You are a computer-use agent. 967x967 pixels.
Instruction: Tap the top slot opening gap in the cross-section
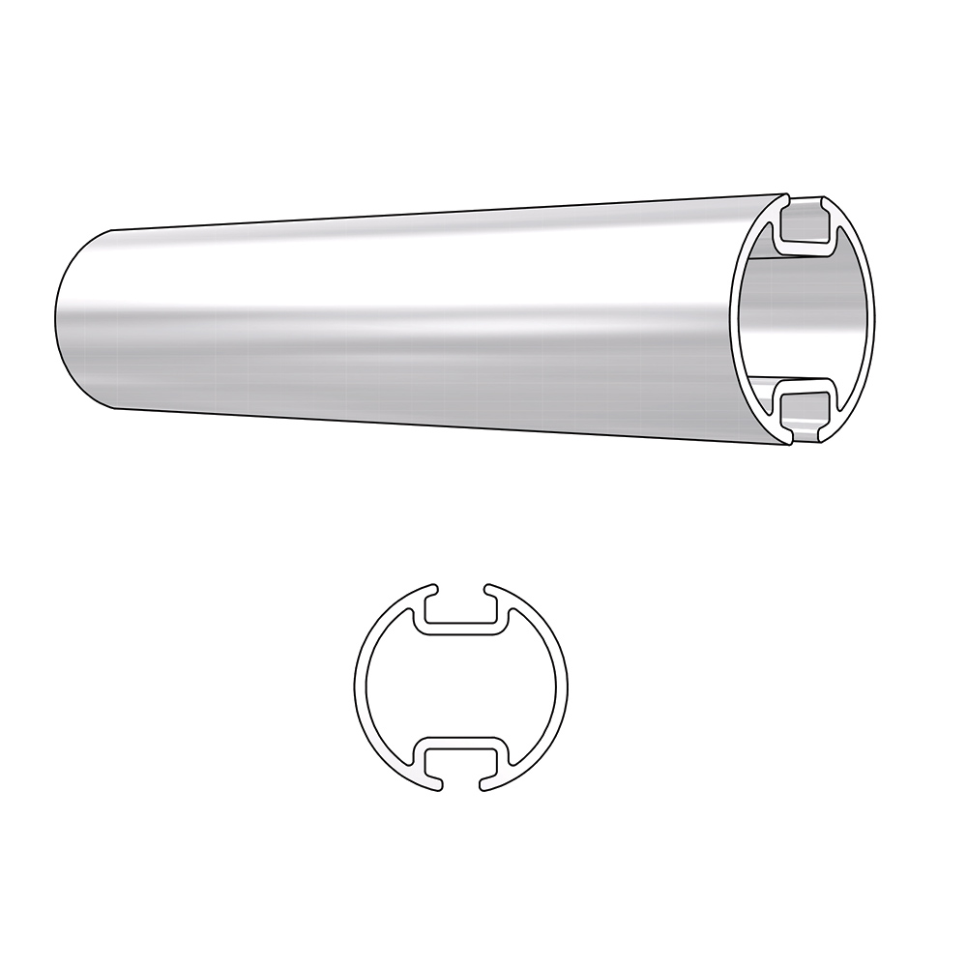tap(460, 591)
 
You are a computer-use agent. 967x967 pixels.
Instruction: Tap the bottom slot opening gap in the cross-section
tap(460, 784)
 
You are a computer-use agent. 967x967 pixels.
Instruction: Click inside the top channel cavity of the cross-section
tap(460, 615)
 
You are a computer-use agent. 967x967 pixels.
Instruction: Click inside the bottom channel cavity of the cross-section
tap(460, 759)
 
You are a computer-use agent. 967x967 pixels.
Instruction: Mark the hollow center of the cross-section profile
tap(460, 688)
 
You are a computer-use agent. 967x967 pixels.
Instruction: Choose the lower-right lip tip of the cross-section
tap(488, 786)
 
